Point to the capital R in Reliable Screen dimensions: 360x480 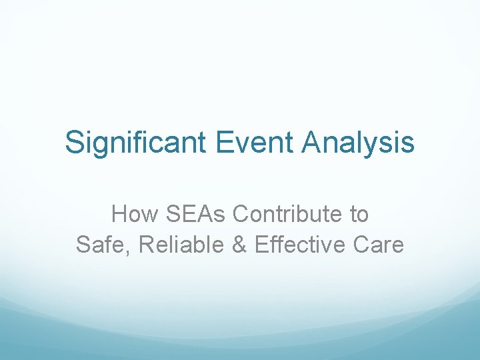click(146, 245)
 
